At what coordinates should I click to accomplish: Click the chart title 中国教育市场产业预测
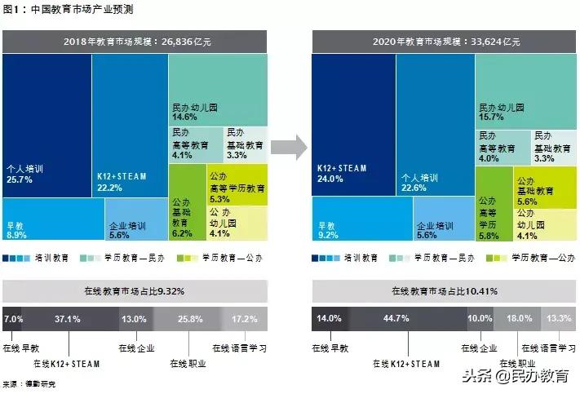pyautogui.click(x=69, y=11)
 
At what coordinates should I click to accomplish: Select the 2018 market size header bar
pyautogui.click(x=135, y=40)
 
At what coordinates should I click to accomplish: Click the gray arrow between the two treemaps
pyautogui.click(x=289, y=147)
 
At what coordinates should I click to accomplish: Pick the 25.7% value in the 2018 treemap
pyautogui.click(x=20, y=179)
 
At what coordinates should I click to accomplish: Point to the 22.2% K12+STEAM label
pyautogui.click(x=109, y=188)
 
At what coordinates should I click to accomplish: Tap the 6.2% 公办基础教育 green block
pyautogui.click(x=182, y=232)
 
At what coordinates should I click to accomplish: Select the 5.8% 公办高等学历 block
pyautogui.click(x=489, y=236)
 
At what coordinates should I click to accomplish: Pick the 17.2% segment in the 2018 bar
pyautogui.click(x=245, y=318)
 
